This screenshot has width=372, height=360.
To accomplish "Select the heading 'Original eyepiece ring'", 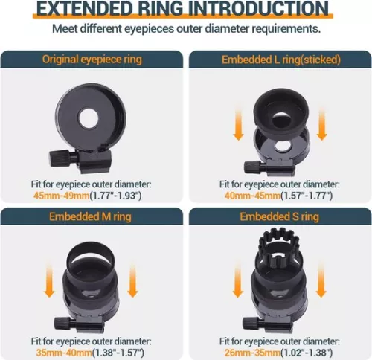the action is coord(92,60).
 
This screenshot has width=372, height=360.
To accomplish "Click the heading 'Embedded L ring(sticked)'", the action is coord(281,60).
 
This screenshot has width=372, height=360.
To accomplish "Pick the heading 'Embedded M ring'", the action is coord(90,216).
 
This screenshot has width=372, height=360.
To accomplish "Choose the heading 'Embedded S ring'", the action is coord(279,216).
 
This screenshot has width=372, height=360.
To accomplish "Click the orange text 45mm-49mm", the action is coord(61,196).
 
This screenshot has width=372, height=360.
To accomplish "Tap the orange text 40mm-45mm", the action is coord(252,196).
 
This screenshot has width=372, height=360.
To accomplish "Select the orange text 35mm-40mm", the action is coord(64,353).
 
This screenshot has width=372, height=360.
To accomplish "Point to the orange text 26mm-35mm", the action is coord(252,353).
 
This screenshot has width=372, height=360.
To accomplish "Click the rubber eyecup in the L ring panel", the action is coord(281,110).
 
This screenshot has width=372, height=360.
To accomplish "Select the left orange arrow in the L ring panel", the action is coord(238,122).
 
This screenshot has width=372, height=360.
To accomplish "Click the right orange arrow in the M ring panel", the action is coord(132,278).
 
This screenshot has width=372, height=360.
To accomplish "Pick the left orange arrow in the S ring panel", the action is coord(238,279).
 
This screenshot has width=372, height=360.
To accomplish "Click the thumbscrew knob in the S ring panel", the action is coord(250,324).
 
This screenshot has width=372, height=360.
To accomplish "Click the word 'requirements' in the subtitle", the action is coord(286,29).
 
